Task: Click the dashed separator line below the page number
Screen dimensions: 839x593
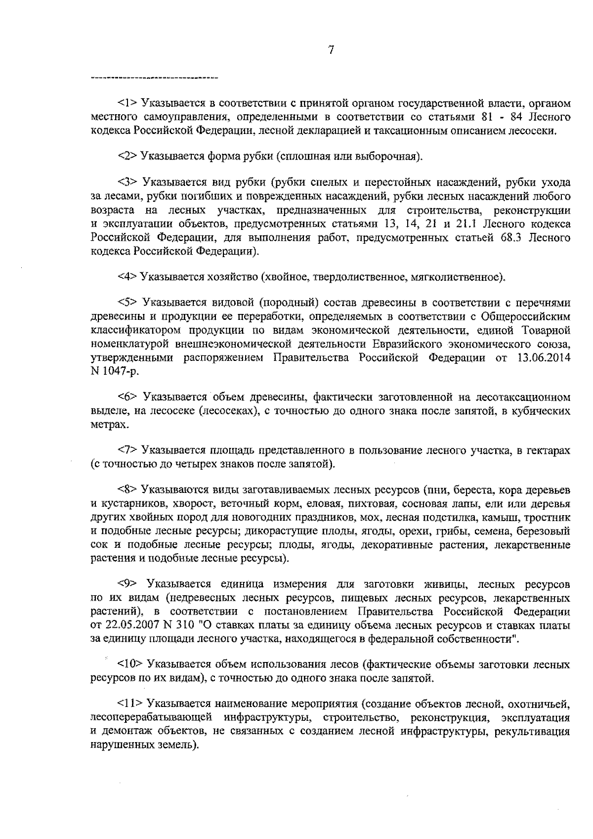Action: (x=155, y=78)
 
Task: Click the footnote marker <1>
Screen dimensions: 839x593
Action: (x=127, y=104)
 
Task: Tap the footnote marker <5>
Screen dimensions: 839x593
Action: (x=128, y=303)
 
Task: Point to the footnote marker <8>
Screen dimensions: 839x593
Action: (x=127, y=490)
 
